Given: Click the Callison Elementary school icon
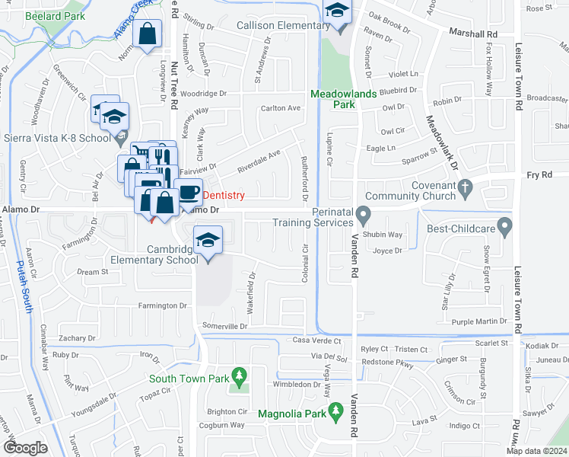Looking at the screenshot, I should pyautogui.click(x=335, y=12).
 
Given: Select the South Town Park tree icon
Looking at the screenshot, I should pyautogui.click(x=240, y=376).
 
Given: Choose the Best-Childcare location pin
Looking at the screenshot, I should pyautogui.click(x=503, y=227).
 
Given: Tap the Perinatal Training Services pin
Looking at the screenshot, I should pyautogui.click(x=363, y=216).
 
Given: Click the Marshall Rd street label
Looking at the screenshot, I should pyautogui.click(x=472, y=34).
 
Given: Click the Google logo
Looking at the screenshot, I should pyautogui.click(x=25, y=448).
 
